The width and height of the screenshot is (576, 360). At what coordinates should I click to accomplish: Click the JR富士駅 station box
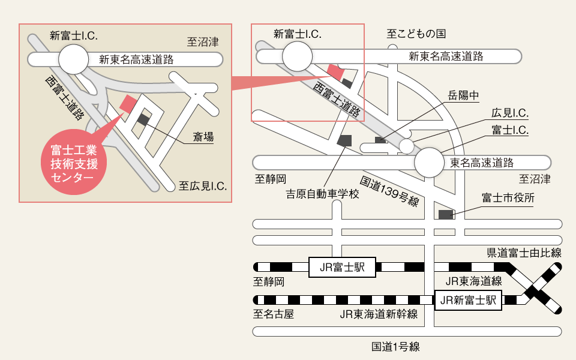pyautogui.click(x=342, y=267)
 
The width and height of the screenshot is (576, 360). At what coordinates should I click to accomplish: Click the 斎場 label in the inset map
pyautogui.click(x=203, y=137)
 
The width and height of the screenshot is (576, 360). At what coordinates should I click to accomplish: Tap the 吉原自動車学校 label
pyautogui.click(x=322, y=194)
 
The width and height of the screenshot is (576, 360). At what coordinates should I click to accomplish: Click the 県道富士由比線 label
pyautogui.click(x=524, y=253)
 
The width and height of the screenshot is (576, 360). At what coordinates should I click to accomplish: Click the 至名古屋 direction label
pyautogui.click(x=274, y=314)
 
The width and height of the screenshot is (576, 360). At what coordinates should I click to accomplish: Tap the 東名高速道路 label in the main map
pyautogui.click(x=482, y=163)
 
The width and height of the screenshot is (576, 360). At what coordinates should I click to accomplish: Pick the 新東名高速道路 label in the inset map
pyautogui.click(x=136, y=59)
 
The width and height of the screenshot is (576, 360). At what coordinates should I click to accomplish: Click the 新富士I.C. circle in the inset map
pyautogui.click(x=74, y=59)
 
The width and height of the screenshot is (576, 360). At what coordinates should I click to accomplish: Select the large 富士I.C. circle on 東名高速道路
pyautogui.click(x=431, y=163)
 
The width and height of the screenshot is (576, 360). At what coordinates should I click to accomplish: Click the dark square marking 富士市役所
pyautogui.click(x=446, y=214)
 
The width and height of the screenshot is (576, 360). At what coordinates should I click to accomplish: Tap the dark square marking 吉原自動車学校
pyautogui.click(x=344, y=140)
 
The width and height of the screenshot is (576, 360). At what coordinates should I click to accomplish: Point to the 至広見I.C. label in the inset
pyautogui.click(x=203, y=187)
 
